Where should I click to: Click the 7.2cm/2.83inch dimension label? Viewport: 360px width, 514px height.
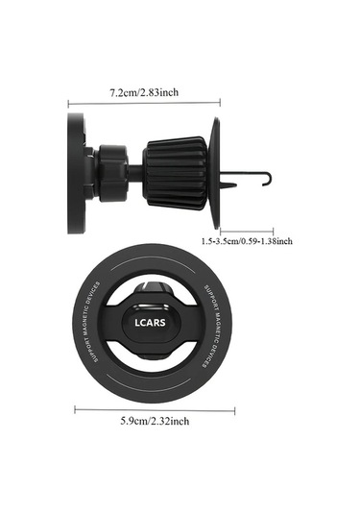(144, 92)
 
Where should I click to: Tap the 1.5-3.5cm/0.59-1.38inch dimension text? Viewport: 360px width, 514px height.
(247, 241)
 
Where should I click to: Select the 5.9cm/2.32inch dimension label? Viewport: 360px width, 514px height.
(155, 421)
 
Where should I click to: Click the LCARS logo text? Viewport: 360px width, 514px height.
(150, 323)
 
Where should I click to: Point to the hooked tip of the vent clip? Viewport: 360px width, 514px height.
(269, 179)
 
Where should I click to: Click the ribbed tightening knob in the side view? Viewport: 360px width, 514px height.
(175, 173)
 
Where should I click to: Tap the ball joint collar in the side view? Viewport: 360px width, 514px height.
(112, 173)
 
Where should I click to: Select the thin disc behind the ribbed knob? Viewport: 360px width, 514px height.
(215, 174)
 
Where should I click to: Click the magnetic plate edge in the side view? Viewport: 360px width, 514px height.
(75, 174)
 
